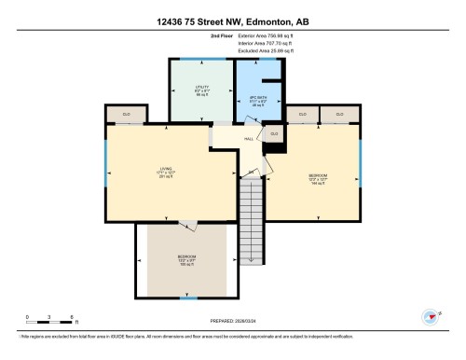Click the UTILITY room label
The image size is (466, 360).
(x=200, y=90)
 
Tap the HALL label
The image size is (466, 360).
(x=249, y=139)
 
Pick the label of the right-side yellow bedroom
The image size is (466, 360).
(x=318, y=177)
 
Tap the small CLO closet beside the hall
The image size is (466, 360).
(x=273, y=134)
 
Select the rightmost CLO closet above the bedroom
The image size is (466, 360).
(x=339, y=114)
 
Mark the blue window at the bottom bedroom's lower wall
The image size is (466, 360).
(x=188, y=298)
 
